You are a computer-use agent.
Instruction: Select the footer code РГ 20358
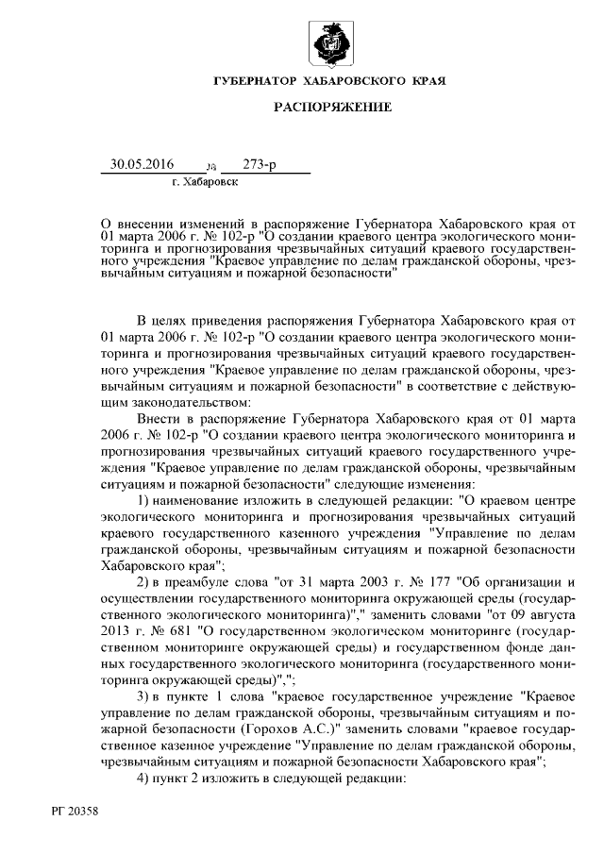(75, 810)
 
